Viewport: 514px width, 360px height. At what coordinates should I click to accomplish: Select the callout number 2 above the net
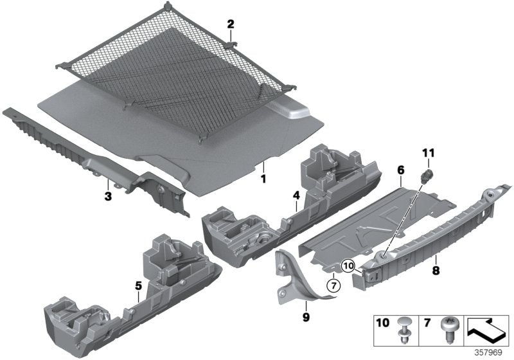tap(230, 25)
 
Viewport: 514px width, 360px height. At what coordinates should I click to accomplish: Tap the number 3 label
tap(109, 194)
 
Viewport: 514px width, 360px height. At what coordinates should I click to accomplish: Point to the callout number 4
tap(296, 194)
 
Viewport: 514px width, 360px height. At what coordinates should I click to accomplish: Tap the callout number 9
tap(305, 318)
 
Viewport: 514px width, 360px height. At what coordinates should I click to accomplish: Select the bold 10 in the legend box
tap(384, 323)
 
